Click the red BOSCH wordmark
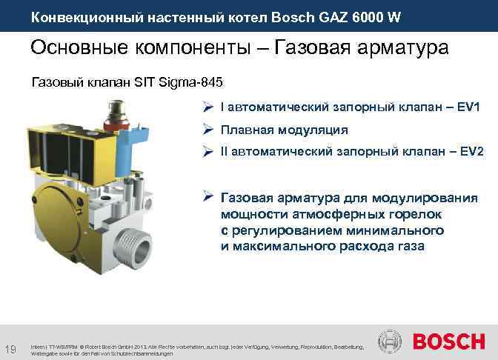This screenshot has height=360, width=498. tap(448, 342)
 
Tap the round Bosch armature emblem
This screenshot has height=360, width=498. tap(391, 342)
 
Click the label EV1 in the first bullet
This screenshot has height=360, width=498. tap(471, 108)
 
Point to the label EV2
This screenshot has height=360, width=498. tap(471, 151)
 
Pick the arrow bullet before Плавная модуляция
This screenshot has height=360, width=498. tap(209, 130)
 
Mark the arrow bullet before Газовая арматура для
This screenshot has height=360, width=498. tap(209, 198)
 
